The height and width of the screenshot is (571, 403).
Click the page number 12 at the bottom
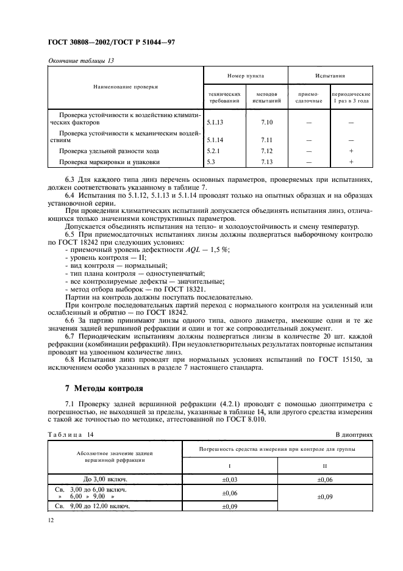[51, 520]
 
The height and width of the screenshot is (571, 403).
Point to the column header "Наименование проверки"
[126, 87]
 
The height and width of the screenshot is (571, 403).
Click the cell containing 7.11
[265, 139]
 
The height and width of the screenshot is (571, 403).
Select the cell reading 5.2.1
[214, 150]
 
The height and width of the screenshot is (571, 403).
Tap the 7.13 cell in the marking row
[265, 162]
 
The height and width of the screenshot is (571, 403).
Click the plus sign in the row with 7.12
[351, 150]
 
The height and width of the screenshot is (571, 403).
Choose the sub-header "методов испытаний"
[265, 98]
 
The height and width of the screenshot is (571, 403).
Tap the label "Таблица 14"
[72, 434]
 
